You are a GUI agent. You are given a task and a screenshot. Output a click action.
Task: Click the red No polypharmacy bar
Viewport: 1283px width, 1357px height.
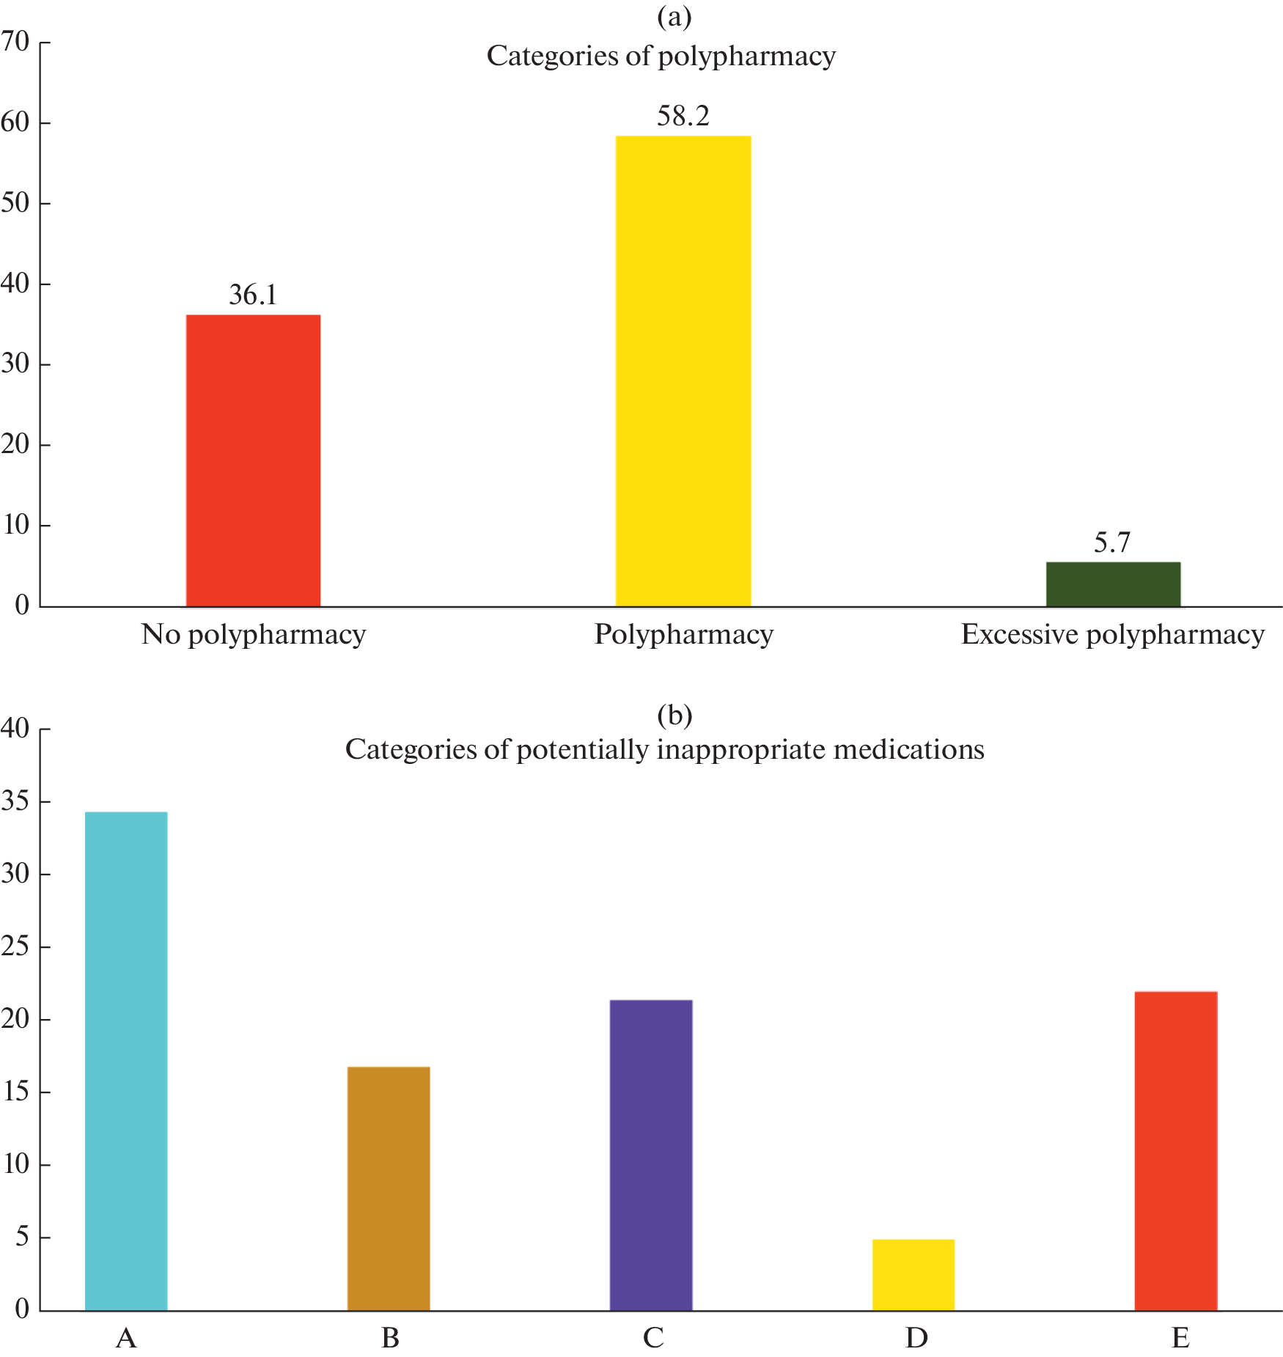click(x=253, y=460)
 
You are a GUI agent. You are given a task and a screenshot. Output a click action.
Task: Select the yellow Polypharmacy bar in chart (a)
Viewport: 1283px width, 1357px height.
click(x=683, y=371)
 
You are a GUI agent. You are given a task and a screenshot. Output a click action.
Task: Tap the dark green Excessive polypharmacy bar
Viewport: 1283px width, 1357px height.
click(x=1112, y=584)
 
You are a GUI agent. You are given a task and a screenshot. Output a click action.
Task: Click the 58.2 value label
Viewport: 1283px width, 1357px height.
click(x=683, y=116)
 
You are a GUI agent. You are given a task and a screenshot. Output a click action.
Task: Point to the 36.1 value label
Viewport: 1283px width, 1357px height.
click(x=253, y=295)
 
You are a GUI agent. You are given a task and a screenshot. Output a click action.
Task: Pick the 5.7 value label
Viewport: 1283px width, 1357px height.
click(x=1112, y=543)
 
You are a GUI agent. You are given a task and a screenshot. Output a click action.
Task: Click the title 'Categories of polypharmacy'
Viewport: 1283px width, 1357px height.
click(x=661, y=56)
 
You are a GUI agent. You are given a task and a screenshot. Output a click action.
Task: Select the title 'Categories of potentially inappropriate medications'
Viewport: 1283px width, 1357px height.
click(x=664, y=749)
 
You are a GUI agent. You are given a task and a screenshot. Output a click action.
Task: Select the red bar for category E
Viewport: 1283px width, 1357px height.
click(x=1175, y=1150)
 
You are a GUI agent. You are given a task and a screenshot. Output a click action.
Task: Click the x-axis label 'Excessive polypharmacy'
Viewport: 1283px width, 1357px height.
click(x=1112, y=635)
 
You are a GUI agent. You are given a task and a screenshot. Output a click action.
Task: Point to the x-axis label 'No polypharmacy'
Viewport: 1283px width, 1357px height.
click(x=253, y=635)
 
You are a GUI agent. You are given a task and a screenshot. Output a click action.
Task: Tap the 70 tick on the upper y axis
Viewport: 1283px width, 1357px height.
click(x=15, y=42)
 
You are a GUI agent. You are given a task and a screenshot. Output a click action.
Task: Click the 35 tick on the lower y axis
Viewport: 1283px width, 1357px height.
click(x=15, y=801)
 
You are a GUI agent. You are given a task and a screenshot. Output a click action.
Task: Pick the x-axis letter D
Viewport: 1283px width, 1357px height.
click(x=916, y=1338)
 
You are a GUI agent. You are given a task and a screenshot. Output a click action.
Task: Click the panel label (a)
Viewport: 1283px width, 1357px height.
click(x=674, y=17)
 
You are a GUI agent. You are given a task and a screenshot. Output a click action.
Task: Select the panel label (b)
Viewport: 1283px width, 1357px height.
click(x=674, y=714)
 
